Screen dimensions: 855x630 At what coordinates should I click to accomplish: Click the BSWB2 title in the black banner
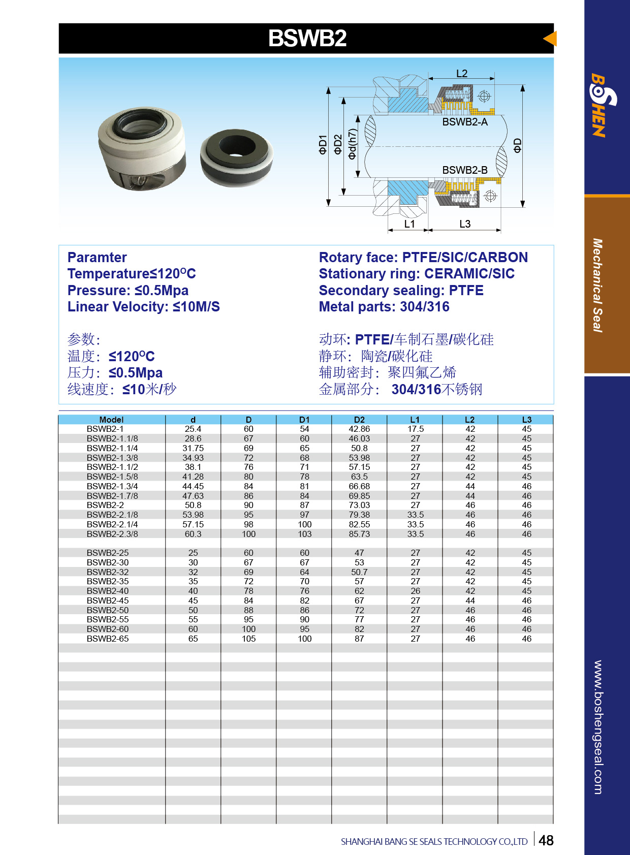(307, 39)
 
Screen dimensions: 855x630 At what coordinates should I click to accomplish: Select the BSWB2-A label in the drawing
(464, 122)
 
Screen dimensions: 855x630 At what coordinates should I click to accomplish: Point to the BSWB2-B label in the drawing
(464, 170)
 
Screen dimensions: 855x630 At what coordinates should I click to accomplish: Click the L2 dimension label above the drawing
(461, 74)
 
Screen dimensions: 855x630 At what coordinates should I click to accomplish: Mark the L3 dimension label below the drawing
(464, 224)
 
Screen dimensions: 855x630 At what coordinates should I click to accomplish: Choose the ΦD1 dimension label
(323, 144)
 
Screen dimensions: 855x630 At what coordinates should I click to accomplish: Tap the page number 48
(546, 841)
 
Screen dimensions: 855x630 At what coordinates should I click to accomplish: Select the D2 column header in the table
(359, 420)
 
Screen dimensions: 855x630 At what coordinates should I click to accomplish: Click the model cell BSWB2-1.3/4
(112, 486)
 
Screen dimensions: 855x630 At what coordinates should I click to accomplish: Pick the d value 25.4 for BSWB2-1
(193, 429)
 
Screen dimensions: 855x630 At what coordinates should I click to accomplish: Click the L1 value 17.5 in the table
(415, 429)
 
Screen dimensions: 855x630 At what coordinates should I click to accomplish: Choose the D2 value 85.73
(359, 534)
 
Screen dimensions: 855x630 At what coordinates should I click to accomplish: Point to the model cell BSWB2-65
(107, 639)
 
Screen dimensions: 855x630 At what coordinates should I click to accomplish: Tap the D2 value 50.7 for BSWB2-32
(359, 572)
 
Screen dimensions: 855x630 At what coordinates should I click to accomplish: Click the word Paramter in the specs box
(97, 258)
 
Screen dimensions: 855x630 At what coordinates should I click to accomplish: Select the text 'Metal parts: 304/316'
(384, 307)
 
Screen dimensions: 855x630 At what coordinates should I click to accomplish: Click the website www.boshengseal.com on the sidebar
(598, 726)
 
